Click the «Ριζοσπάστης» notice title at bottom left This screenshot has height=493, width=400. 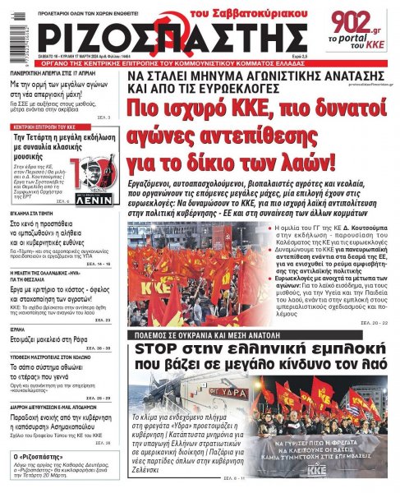tap(39, 457)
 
